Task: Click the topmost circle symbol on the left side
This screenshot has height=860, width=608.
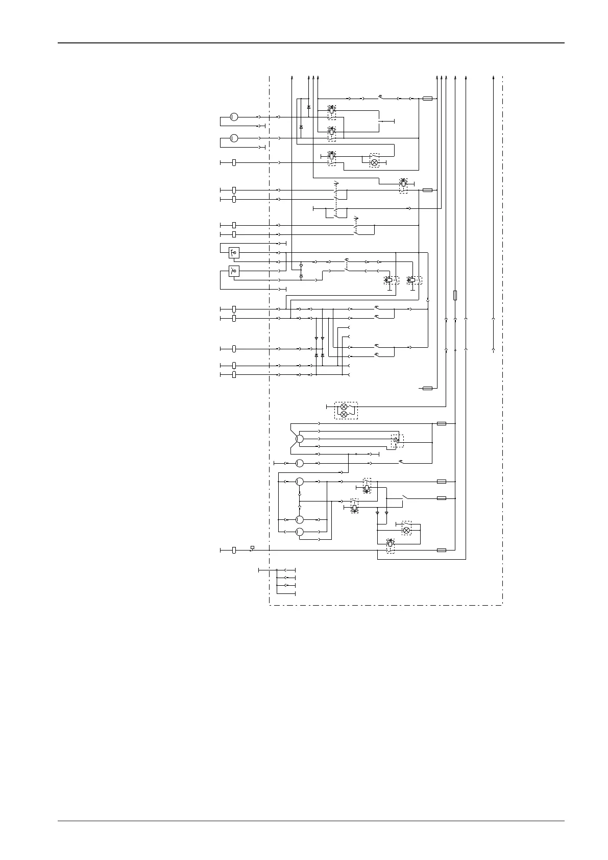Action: pyautogui.click(x=234, y=117)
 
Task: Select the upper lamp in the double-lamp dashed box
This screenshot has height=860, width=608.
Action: pyautogui.click(x=344, y=407)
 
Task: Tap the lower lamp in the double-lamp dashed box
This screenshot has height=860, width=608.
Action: pyautogui.click(x=344, y=415)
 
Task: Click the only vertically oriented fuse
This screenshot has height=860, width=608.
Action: pyautogui.click(x=455, y=295)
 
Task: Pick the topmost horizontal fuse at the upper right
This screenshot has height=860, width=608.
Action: pyautogui.click(x=428, y=98)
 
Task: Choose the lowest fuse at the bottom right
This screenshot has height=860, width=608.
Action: pyautogui.click(x=442, y=550)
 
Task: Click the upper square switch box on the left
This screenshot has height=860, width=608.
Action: pyautogui.click(x=234, y=252)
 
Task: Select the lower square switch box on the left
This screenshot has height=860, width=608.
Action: pyautogui.click(x=234, y=271)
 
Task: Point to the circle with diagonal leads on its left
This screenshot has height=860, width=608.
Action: pyautogui.click(x=300, y=439)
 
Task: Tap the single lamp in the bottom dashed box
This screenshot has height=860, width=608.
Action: pyautogui.click(x=407, y=531)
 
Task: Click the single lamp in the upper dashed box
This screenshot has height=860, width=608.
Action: pyautogui.click(x=374, y=162)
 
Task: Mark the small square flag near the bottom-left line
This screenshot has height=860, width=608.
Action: pyautogui.click(x=252, y=547)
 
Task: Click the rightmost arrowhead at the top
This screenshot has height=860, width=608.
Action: pyautogui.click(x=493, y=77)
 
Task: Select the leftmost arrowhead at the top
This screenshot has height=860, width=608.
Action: pyautogui.click(x=291, y=77)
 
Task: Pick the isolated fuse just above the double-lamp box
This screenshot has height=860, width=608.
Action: pyautogui.click(x=428, y=388)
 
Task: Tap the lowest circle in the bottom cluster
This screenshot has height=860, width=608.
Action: pyautogui.click(x=300, y=533)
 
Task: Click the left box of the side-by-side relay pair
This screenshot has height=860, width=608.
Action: pyautogui.click(x=390, y=280)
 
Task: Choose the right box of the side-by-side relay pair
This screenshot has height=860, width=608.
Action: pyautogui.click(x=412, y=280)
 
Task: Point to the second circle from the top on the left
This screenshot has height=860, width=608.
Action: pyautogui.click(x=234, y=138)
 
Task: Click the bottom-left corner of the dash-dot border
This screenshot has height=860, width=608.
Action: pyautogui.click(x=269, y=606)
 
